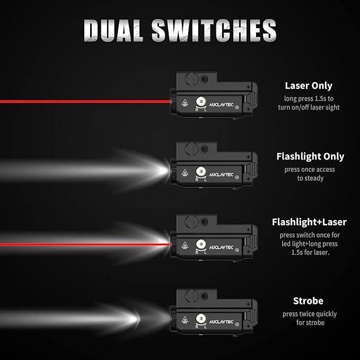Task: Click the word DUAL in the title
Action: tap(113, 31)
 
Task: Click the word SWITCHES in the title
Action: tap(214, 31)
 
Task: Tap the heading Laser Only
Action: tap(309, 86)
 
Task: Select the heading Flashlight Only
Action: tap(310, 156)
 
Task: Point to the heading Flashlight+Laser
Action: tap(309, 222)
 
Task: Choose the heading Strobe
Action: tap(308, 301)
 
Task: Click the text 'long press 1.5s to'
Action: tap(309, 99)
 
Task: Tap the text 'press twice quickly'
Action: tap(310, 314)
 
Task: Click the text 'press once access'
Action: tap(310, 170)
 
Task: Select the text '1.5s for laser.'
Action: tap(310, 252)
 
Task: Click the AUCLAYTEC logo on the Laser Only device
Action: tap(221, 104)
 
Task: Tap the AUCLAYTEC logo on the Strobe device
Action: tap(221, 322)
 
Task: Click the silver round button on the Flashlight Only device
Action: tap(201, 171)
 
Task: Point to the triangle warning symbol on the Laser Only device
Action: tap(185, 103)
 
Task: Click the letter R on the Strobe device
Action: tap(197, 327)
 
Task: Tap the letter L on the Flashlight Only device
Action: tap(205, 180)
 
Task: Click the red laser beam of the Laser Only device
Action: tap(85, 101)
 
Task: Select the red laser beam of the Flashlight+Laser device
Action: tap(85, 244)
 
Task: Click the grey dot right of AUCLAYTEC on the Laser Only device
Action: tap(237, 107)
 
